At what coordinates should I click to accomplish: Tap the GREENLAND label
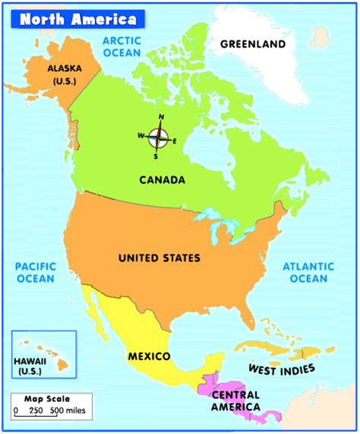coord(253,43)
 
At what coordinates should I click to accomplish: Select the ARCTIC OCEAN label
coord(122,46)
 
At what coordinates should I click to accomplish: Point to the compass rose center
coord(158,137)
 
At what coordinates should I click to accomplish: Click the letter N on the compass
coord(160,117)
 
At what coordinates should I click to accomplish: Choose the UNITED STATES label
coord(159,258)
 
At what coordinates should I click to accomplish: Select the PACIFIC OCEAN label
coord(35,272)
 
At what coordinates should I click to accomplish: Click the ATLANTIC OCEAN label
coord(308,272)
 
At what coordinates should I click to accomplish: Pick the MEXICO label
coord(149,356)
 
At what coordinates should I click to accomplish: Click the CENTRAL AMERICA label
coord(236,401)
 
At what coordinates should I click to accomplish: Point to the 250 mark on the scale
coord(36,411)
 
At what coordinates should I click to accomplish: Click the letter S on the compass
coord(156,157)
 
